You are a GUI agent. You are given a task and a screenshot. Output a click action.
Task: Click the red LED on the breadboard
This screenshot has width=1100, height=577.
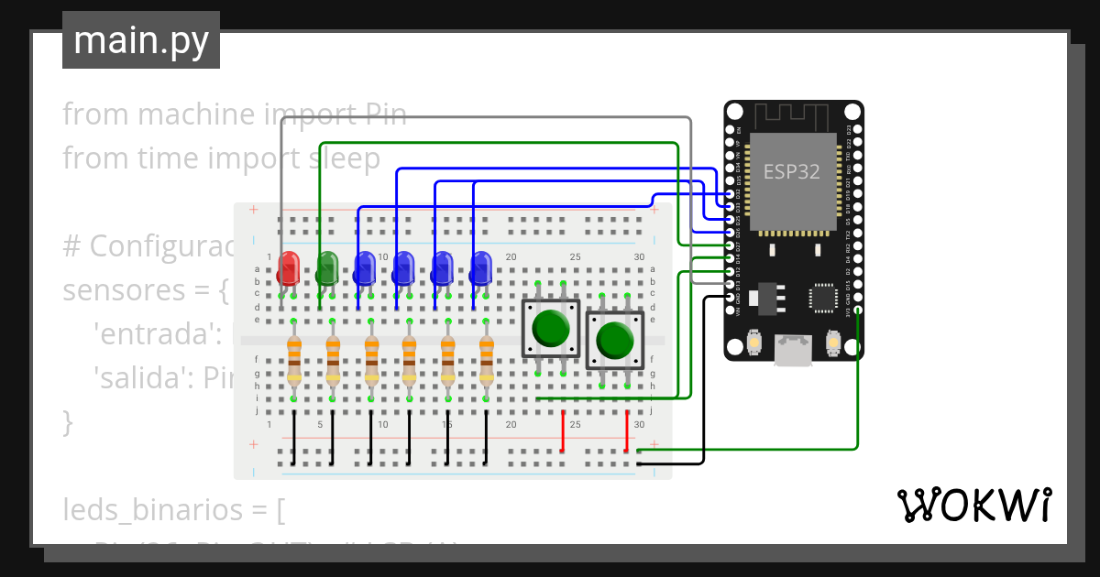click(288, 268)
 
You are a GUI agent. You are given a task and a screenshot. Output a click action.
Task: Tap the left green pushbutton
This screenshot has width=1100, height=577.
click(551, 327)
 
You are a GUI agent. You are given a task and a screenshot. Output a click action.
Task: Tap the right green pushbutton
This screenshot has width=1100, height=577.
click(614, 340)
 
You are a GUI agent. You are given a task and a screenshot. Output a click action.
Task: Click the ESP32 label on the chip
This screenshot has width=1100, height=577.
click(792, 171)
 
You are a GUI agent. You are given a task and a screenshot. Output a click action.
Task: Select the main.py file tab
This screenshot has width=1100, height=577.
click(141, 40)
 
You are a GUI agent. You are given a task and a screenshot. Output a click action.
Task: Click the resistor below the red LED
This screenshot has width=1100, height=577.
click(293, 359)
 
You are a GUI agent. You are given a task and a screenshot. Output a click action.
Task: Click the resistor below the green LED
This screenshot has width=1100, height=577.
click(332, 359)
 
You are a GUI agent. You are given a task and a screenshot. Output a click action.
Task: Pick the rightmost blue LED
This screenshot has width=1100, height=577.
click(480, 268)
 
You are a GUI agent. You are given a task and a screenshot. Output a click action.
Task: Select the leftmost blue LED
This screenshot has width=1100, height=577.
click(364, 268)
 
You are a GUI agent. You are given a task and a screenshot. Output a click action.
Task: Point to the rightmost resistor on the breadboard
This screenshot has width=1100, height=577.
click(487, 359)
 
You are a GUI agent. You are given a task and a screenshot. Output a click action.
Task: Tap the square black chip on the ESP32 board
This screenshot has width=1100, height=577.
click(823, 298)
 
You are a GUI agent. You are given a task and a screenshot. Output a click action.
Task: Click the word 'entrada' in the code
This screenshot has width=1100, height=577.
click(155, 334)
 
